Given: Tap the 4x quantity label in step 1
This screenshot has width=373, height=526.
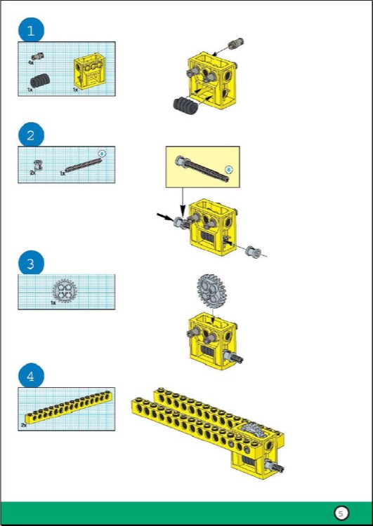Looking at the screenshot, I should click(x=31, y=63).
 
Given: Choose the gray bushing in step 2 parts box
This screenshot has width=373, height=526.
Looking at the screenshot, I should click(x=38, y=166).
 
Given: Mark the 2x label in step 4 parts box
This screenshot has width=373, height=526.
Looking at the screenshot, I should click(x=24, y=425).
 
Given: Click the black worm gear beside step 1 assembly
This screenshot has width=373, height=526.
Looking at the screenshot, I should click(x=185, y=104).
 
